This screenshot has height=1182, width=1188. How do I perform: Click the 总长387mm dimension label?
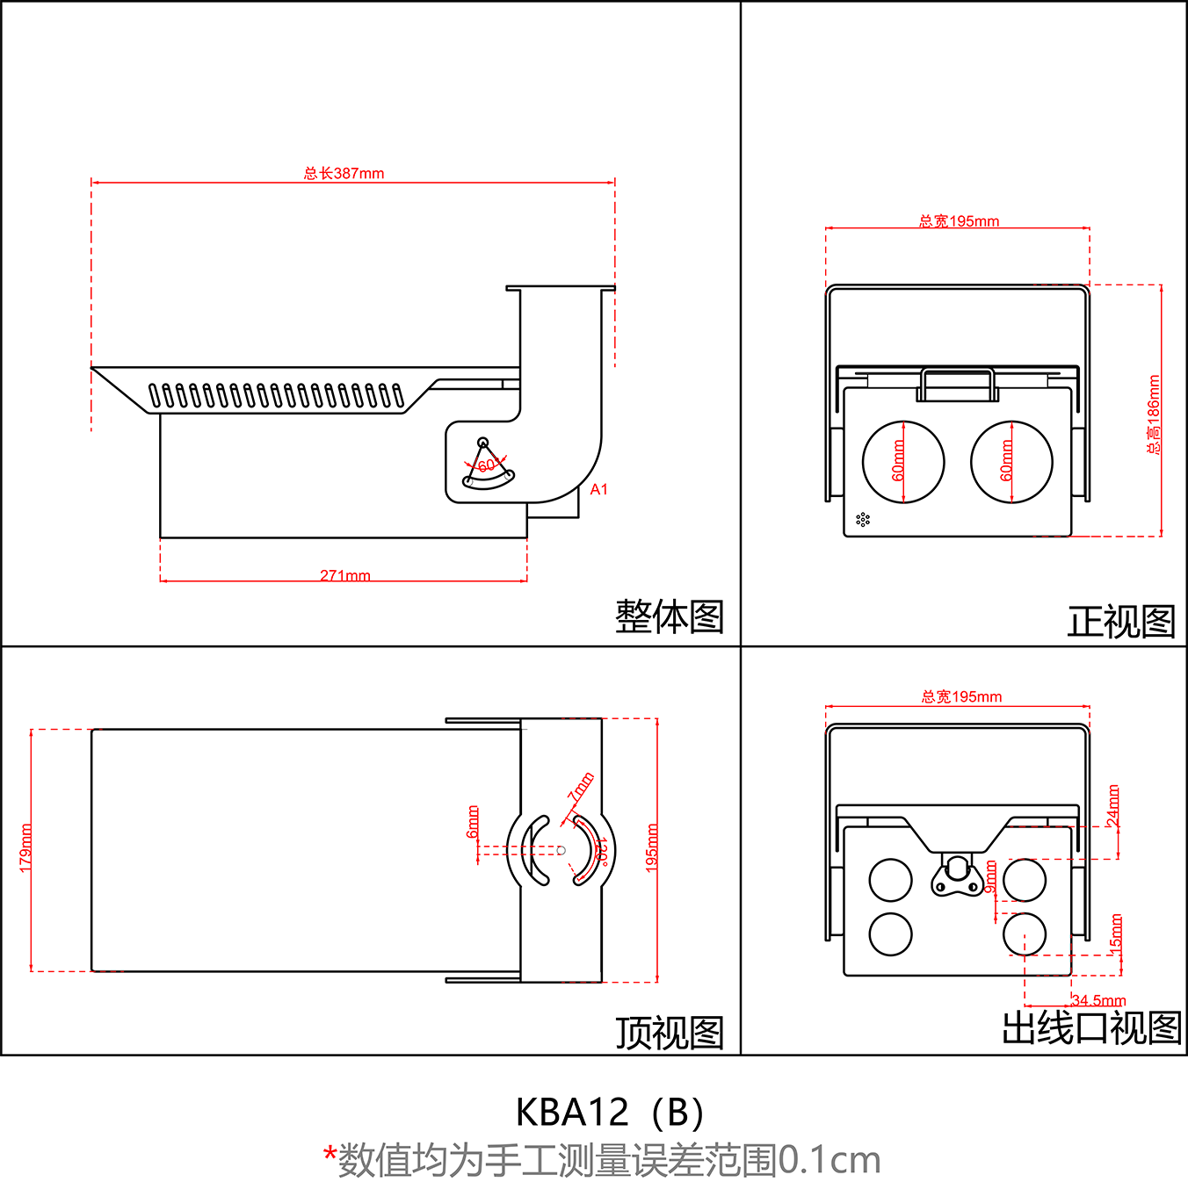(344, 173)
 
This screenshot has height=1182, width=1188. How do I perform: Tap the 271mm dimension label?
(344, 575)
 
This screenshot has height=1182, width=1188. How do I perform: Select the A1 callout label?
(598, 489)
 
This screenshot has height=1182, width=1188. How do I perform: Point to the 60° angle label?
(489, 465)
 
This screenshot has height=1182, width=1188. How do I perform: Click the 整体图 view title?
(669, 616)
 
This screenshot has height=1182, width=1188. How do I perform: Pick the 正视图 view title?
(1120, 622)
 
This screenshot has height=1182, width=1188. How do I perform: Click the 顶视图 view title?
(669, 1033)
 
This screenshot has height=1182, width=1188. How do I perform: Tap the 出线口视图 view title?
(1091, 1027)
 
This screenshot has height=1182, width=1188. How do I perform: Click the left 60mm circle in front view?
(902, 462)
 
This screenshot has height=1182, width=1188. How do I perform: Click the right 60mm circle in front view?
(1011, 462)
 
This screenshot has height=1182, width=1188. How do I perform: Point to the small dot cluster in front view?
(862, 519)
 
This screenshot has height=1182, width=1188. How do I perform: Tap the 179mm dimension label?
(25, 847)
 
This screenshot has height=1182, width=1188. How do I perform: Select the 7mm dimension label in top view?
(581, 787)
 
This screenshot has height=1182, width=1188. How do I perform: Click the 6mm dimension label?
(473, 821)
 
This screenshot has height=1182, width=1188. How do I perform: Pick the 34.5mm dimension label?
(1098, 1000)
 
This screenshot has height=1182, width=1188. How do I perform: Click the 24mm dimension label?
(1113, 805)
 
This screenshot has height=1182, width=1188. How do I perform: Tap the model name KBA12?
(572, 1113)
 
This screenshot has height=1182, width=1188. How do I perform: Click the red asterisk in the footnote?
(330, 1155)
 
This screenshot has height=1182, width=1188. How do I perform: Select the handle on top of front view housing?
(957, 385)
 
